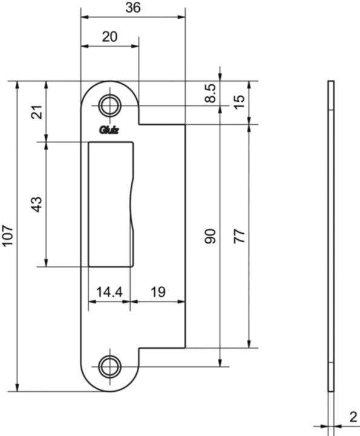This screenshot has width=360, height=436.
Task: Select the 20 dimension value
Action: pos(110,36)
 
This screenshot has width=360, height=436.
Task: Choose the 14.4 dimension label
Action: pos(110,292)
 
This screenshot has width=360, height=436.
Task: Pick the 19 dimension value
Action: pos(157,292)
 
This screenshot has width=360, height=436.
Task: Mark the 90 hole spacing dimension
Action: pos(210,236)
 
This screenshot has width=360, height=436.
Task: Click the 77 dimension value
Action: pos(240,236)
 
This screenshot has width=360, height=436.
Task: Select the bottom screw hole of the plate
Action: pos(110,366)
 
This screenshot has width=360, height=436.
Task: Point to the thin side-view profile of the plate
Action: pos(330,236)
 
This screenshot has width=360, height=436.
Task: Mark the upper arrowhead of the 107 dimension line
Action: pos(17,84)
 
